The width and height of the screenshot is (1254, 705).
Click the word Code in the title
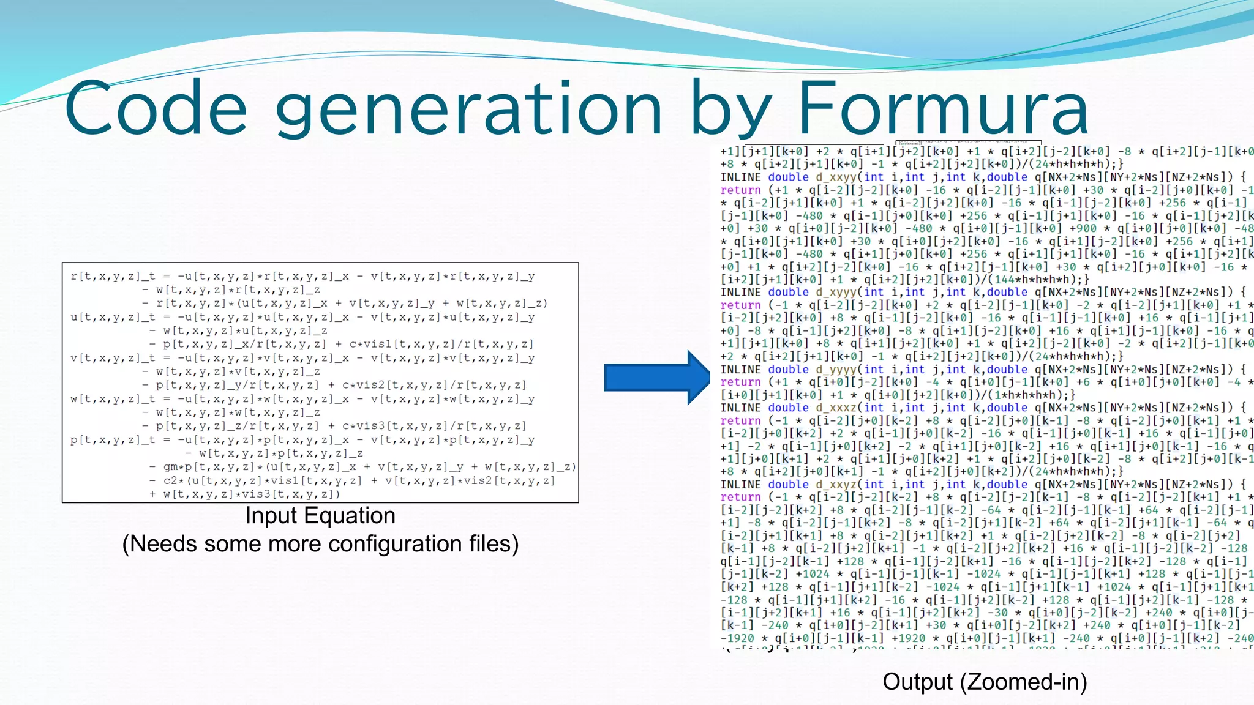tap(156, 109)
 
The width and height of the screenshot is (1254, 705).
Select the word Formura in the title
tap(942, 109)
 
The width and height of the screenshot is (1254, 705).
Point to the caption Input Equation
tap(320, 516)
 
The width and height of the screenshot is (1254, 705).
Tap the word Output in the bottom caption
tap(918, 682)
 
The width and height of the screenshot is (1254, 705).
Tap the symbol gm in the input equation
tap(170, 467)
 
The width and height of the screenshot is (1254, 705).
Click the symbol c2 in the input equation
tap(170, 481)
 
